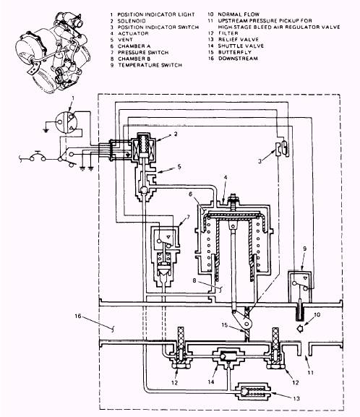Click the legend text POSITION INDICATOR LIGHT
pyautogui.click(x=156, y=14)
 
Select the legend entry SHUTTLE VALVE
pyautogui.click(x=241, y=46)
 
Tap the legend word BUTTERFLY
pyautogui.click(x=235, y=52)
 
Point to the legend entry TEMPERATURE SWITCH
pyautogui.click(x=150, y=65)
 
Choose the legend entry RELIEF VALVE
pyautogui.click(x=239, y=39)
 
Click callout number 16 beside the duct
pyautogui.click(x=77, y=316)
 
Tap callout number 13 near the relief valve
pyautogui.click(x=296, y=398)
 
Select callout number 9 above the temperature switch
pyautogui.click(x=304, y=249)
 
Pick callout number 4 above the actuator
pyautogui.click(x=226, y=177)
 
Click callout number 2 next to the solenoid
pyautogui.click(x=176, y=134)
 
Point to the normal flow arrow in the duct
pyautogui.click(x=300, y=329)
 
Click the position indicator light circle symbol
pyautogui.click(x=66, y=122)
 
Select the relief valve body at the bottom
pyautogui.click(x=253, y=391)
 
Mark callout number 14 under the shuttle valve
pyautogui.click(x=211, y=382)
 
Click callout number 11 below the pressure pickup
pyautogui.click(x=311, y=373)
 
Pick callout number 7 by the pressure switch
pyautogui.click(x=189, y=217)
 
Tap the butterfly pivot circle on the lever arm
pyautogui.click(x=247, y=324)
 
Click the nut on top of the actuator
pyautogui.click(x=233, y=197)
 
